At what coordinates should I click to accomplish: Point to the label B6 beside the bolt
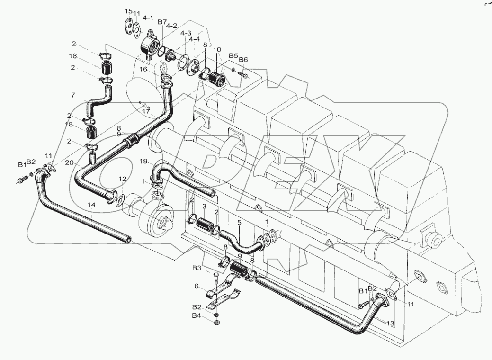tap(243, 60)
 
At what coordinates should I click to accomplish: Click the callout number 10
tap(217, 50)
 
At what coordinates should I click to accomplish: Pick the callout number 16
tap(144, 69)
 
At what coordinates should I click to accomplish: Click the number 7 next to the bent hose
tap(73, 95)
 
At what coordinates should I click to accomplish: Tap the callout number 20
tap(70, 162)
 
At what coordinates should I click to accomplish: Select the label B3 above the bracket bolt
tap(197, 269)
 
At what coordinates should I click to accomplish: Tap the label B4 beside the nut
tap(197, 315)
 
